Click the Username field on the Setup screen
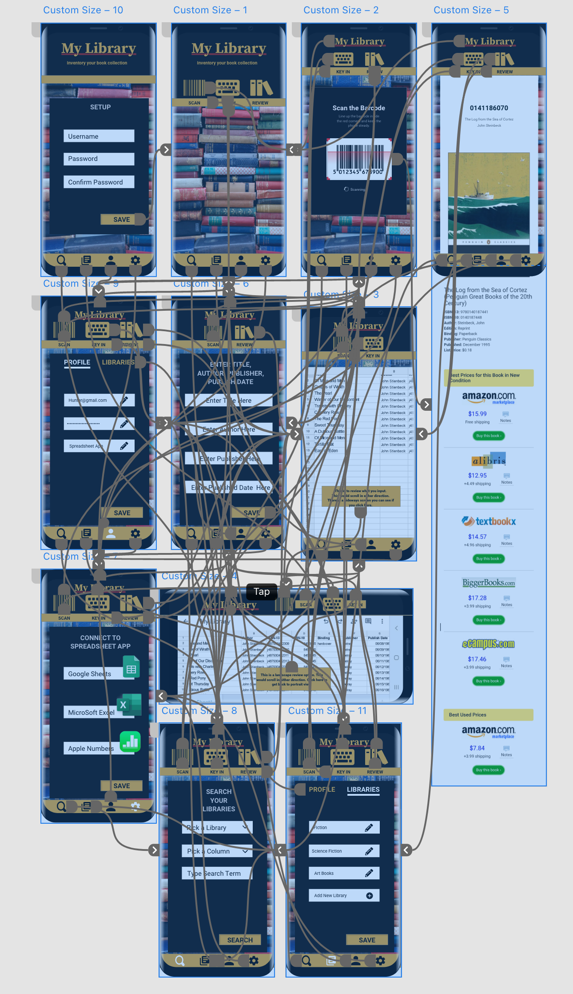[x=99, y=136]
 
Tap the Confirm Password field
[x=99, y=182]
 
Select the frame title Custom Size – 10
[x=83, y=10]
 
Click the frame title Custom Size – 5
[x=471, y=10]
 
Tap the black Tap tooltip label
[x=262, y=592]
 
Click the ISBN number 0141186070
[x=489, y=108]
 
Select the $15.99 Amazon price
[x=477, y=414]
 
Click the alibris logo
[x=489, y=460]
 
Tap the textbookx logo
[x=489, y=521]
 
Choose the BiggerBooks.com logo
[x=489, y=583]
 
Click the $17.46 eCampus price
[x=477, y=659]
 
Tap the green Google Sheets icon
[x=131, y=667]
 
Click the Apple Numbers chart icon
[x=130, y=741]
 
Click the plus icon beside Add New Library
[x=370, y=895]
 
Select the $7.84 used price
[x=477, y=748]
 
